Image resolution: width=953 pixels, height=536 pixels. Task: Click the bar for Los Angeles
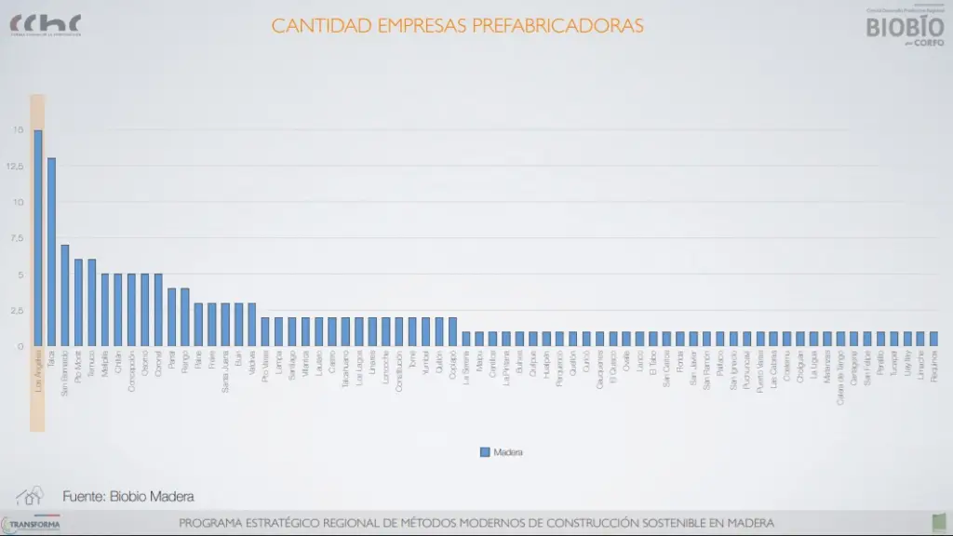coord(38,238)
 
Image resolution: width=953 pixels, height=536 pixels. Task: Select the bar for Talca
coord(51,252)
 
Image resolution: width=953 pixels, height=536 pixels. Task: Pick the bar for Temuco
coord(91,302)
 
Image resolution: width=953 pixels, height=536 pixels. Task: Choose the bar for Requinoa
coord(933,339)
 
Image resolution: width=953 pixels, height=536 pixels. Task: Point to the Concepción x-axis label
coord(131,369)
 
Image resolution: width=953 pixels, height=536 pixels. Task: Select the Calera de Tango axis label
coord(840,371)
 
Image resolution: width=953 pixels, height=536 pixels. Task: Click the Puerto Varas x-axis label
coord(760,368)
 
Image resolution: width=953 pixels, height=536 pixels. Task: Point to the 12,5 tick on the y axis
coord(15,167)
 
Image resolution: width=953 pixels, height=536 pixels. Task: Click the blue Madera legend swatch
coord(484,452)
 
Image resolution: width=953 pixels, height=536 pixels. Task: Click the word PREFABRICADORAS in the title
coord(557,26)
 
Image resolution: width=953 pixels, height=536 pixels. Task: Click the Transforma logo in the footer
coord(32,525)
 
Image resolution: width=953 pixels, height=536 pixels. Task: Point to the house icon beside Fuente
coord(29,496)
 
